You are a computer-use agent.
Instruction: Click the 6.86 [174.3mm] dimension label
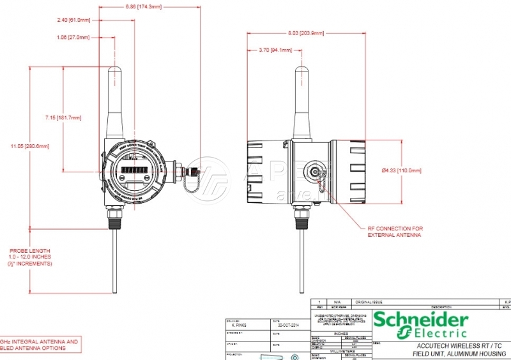143,6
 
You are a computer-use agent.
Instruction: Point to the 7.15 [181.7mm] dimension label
63,117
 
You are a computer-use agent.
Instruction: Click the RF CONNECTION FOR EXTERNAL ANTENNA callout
395,231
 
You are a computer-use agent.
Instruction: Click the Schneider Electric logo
420,324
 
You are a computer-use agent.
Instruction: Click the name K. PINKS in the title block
241,324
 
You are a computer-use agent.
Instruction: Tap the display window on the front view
133,173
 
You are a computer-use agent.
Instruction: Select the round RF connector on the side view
314,172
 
